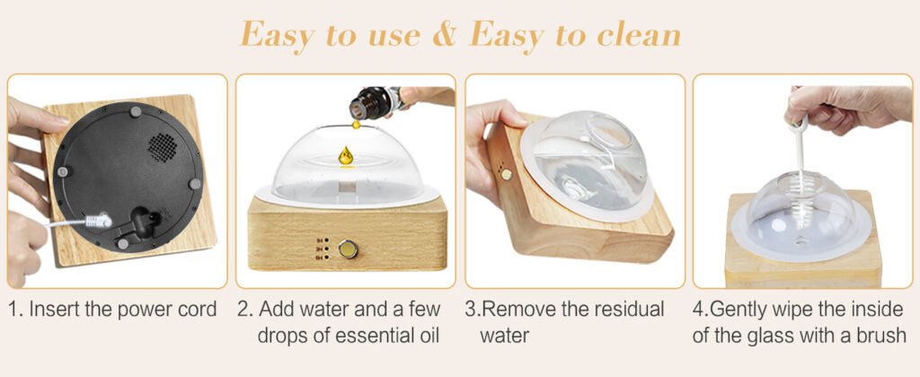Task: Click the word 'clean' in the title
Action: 639,36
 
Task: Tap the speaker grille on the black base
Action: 162,146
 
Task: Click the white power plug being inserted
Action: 99,221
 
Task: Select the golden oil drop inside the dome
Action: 346,155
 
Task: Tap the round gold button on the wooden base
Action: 348,250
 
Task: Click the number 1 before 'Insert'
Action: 12,309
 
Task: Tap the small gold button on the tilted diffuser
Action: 505,173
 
